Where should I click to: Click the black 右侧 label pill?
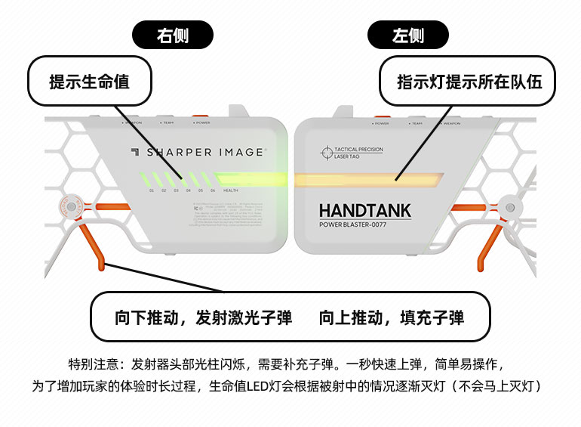(173, 35)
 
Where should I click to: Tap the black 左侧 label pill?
(408, 35)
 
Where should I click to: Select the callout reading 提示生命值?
(89, 82)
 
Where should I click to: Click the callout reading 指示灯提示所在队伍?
(469, 82)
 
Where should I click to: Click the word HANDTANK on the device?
(365, 211)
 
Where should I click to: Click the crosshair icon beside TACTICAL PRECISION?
(326, 153)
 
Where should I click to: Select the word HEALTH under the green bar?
(231, 190)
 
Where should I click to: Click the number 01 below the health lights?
(152, 190)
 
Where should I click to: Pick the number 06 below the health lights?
(213, 190)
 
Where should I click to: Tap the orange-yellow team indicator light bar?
(370, 179)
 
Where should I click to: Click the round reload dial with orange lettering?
(69, 205)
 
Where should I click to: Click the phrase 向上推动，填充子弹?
(391, 317)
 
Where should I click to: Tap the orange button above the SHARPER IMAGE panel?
(201, 118)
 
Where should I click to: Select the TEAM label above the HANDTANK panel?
(417, 122)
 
